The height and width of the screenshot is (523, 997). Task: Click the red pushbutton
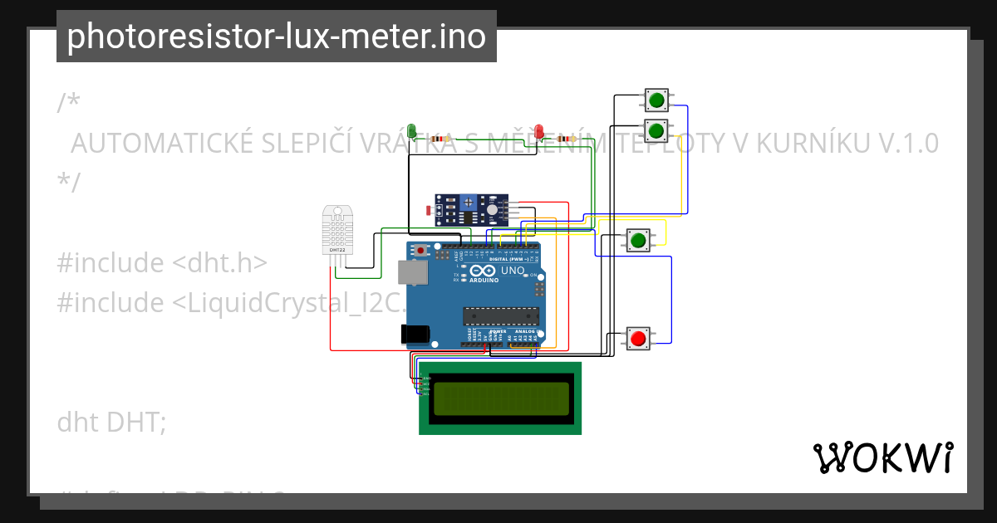638,338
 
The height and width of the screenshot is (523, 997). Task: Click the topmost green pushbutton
656,100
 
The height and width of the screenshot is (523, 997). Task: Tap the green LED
412,130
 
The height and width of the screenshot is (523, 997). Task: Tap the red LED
538,130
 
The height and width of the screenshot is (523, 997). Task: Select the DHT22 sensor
337,231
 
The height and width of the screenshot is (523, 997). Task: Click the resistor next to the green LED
440,139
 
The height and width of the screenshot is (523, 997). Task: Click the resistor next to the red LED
568,139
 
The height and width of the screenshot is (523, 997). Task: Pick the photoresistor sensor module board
471,209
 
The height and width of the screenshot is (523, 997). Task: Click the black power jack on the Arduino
414,334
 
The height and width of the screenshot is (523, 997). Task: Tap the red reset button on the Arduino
422,249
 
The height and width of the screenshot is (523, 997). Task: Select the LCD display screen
501,398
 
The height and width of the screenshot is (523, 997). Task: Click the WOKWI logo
882,457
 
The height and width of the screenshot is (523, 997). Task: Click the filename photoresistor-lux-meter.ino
276,37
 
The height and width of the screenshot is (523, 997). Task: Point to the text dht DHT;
111,422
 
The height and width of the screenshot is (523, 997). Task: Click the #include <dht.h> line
162,262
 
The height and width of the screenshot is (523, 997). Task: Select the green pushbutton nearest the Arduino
638,241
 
